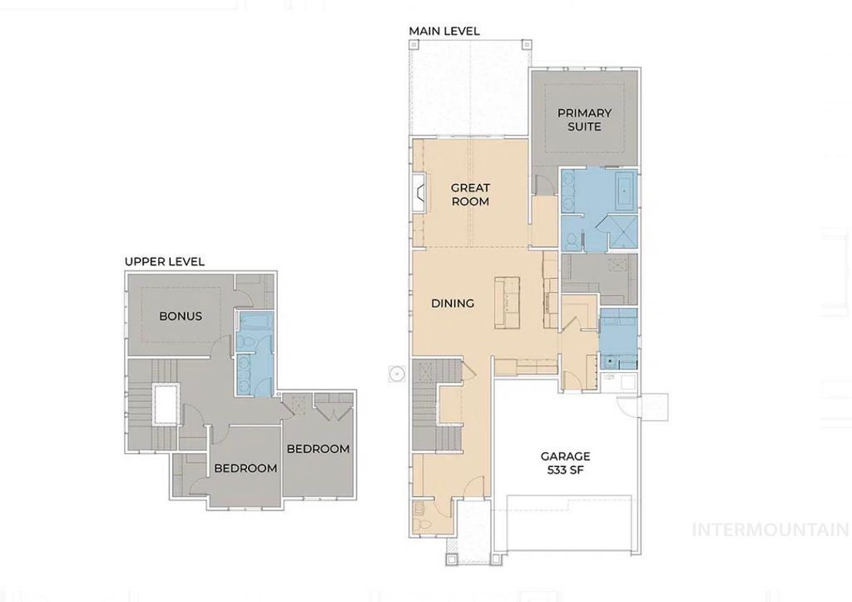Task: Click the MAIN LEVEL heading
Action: [444, 31]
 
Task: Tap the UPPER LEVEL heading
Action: [165, 261]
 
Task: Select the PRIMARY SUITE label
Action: [584, 119]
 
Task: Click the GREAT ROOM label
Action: [470, 194]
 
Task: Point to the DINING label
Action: [453, 303]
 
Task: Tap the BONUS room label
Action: [181, 316]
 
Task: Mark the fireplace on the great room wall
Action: [419, 194]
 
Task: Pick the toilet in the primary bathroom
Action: [570, 241]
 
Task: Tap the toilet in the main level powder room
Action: [424, 524]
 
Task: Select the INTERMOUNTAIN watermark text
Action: [770, 529]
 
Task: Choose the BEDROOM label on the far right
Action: [318, 449]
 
